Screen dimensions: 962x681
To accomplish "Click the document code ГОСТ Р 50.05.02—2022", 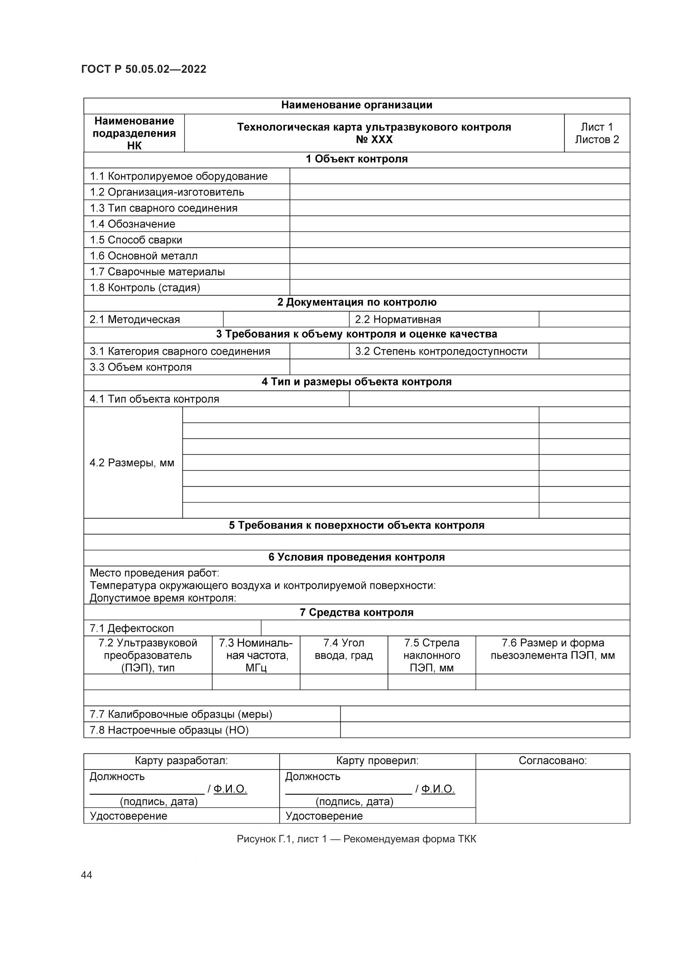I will click(143, 69).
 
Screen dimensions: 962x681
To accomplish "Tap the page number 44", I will click(86, 875).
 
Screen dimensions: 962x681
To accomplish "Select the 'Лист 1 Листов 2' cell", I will click(597, 133).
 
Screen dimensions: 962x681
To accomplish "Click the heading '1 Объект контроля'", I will click(357, 159).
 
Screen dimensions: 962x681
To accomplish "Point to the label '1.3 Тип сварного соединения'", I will click(163, 208).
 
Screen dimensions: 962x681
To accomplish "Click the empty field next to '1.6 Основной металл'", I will click(459, 255).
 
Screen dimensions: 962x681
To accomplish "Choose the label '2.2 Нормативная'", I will click(398, 319).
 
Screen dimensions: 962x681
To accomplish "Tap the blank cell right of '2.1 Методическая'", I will click(286, 319).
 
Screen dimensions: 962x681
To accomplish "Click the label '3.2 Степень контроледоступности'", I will click(441, 351).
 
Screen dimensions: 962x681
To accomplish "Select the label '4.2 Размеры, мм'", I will click(132, 463).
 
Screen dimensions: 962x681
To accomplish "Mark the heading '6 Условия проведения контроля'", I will click(357, 557).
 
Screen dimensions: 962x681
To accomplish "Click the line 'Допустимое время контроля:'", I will click(163, 598).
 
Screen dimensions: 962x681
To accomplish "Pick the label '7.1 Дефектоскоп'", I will click(132, 628).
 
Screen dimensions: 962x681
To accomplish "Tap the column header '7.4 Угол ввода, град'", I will click(344, 649).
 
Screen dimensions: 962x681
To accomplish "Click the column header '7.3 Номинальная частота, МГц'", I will click(256, 655).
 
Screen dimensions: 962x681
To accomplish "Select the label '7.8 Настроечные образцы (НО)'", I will click(169, 730).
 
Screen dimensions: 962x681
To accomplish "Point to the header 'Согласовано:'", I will click(553, 760).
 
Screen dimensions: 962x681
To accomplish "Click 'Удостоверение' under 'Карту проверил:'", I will click(324, 816).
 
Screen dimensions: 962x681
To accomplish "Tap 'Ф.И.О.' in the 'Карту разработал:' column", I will click(230, 789).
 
